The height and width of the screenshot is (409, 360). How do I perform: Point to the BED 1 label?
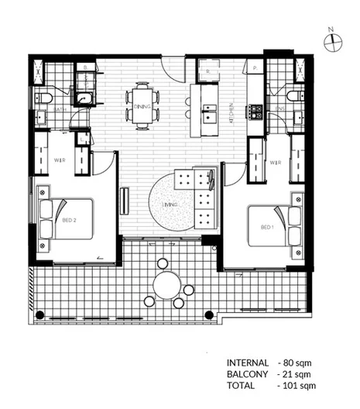[267, 227]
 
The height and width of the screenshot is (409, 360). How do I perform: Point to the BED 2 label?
[68, 220]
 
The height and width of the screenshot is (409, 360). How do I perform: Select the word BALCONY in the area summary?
[248, 373]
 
